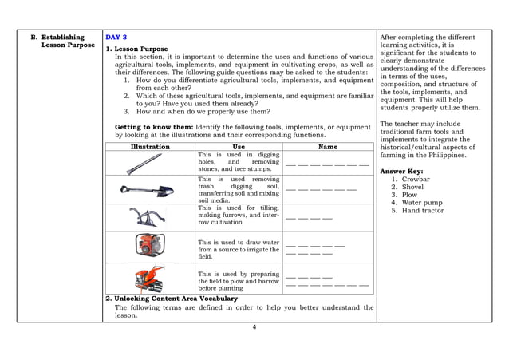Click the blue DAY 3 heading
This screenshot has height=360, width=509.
[x=116, y=38]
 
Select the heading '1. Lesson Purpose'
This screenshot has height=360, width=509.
[x=137, y=49]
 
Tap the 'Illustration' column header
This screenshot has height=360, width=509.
[x=150, y=147]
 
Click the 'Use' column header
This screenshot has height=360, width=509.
[x=239, y=147]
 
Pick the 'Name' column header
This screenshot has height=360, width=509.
[x=327, y=147]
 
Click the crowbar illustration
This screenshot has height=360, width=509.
[x=149, y=164]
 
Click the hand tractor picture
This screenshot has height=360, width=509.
[x=149, y=279]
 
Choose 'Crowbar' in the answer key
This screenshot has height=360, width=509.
[x=416, y=180]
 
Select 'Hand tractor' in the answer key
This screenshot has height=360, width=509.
[x=424, y=211]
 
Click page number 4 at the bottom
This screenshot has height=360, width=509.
[x=254, y=326]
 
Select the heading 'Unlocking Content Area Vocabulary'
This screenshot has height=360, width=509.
[x=172, y=299]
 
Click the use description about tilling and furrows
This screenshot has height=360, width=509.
[x=239, y=216]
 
